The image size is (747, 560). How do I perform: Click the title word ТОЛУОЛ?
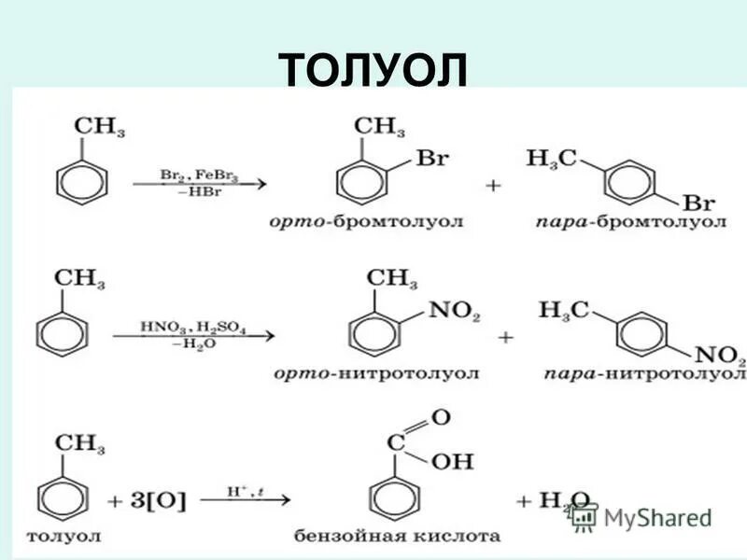point(373,70)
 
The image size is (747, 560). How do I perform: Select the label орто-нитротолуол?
point(376,373)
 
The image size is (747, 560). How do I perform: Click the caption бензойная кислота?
point(397,537)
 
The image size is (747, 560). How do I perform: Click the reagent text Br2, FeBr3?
point(198,174)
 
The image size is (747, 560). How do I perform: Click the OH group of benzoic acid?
point(455,461)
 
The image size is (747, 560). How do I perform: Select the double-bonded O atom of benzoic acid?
point(441,417)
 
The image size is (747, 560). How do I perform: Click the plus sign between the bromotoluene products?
point(492,186)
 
